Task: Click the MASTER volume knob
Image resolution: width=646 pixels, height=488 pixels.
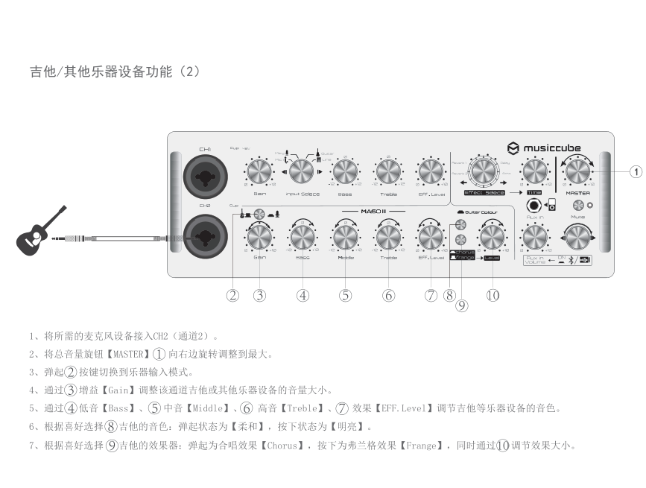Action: coord(577,172)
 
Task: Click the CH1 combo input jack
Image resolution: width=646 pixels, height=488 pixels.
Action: coord(204,177)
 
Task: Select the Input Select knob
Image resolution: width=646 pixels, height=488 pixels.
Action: coord(303,171)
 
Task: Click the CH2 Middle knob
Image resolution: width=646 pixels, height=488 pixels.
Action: coord(345,237)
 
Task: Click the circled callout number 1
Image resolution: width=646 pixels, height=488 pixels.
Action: coord(635,172)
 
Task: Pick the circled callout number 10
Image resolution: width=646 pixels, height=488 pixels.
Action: coord(492,295)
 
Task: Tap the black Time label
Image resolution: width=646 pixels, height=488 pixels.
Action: coord(533,192)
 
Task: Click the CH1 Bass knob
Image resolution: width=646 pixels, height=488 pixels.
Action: coord(345,172)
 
